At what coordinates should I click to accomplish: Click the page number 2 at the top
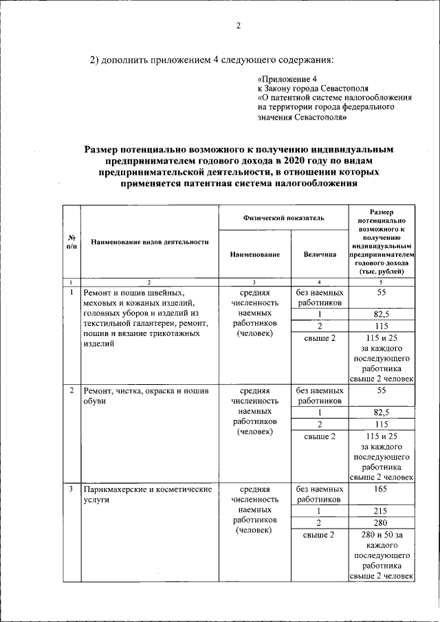pyautogui.click(x=239, y=26)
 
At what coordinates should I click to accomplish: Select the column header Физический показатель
pyautogui.click(x=283, y=218)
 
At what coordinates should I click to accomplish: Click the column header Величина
pyautogui.click(x=319, y=254)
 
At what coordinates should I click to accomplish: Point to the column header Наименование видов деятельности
pyautogui.click(x=149, y=242)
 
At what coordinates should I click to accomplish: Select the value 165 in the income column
pyautogui.click(x=382, y=489)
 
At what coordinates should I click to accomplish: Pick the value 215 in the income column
pyautogui.click(x=382, y=511)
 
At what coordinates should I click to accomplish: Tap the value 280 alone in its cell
pyautogui.click(x=382, y=523)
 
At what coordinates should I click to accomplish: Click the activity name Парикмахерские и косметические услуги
pyautogui.click(x=145, y=494)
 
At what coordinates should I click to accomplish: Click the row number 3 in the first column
pyautogui.click(x=71, y=489)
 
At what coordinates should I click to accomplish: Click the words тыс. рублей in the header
pyautogui.click(x=382, y=271)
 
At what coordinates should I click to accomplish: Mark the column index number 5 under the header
pyautogui.click(x=382, y=282)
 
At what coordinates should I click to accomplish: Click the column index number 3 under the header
pyautogui.click(x=254, y=282)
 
